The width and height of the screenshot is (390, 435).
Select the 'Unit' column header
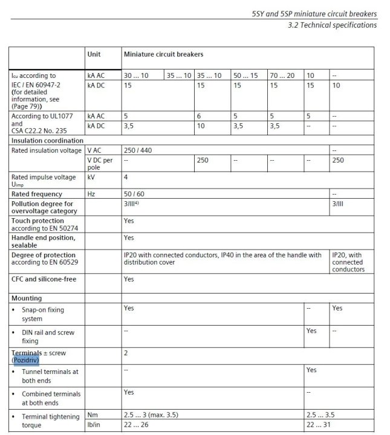pyautogui.click(x=94, y=54)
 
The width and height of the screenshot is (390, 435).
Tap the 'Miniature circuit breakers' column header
pyautogui.click(x=163, y=54)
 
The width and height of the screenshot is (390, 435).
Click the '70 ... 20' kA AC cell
pyautogui.click(x=282, y=76)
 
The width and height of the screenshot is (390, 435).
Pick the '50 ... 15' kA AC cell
pyautogui.click(x=245, y=76)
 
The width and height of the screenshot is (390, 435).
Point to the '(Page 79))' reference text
pyautogui.click(x=28, y=106)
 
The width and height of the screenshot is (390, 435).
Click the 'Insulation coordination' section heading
pyautogui.click(x=47, y=140)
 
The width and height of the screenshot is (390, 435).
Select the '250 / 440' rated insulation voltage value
pyautogui.click(x=138, y=150)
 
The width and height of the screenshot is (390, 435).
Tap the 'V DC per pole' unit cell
pyautogui.click(x=100, y=163)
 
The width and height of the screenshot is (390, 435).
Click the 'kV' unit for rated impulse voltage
pyautogui.click(x=91, y=178)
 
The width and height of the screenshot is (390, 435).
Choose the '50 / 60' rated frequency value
pyautogui.click(x=134, y=194)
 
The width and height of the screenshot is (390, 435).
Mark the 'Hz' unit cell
pyautogui.click(x=91, y=194)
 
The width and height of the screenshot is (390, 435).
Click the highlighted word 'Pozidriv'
pyautogui.click(x=25, y=360)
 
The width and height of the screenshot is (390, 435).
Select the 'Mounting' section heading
pyautogui.click(x=27, y=298)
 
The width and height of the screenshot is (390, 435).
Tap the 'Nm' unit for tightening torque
pyautogui.click(x=93, y=415)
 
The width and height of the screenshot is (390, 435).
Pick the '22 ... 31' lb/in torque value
pyautogui.click(x=319, y=425)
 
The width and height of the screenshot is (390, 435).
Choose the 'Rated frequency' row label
pyautogui.click(x=37, y=194)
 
